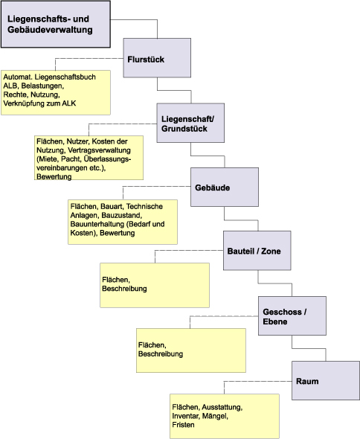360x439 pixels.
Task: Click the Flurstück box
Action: pos(157,58)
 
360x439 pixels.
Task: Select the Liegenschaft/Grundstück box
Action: pos(190,123)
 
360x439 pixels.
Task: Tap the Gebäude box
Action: pos(225,187)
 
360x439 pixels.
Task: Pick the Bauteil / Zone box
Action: pos(257,251)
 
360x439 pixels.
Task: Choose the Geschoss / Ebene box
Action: pos(292,315)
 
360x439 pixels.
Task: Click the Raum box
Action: pos(326,380)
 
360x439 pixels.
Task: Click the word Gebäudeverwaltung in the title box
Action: pos(50,30)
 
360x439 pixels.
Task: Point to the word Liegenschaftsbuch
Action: pos(65,77)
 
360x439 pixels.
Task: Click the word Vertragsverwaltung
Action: pos(99,150)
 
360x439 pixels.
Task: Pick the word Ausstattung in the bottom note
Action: pos(222,407)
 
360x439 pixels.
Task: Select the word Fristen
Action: pos(183,425)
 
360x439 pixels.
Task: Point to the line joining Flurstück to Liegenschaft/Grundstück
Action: pos(174,91)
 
